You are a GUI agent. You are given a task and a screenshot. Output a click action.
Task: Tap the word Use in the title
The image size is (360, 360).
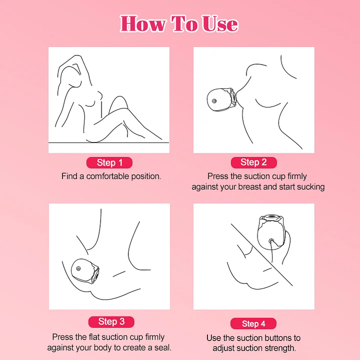pyautogui.click(x=220, y=23)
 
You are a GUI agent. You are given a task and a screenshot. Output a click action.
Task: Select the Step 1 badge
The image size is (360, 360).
pyautogui.click(x=109, y=162)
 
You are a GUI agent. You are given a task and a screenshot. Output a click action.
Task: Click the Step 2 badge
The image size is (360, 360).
pyautogui.click(x=253, y=162)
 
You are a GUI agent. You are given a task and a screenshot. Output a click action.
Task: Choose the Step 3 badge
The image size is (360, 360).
pyautogui.click(x=111, y=321)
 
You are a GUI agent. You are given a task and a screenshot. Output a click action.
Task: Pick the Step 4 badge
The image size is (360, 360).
pyautogui.click(x=253, y=323)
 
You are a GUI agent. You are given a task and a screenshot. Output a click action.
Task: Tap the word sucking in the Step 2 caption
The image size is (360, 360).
pyautogui.click(x=311, y=187)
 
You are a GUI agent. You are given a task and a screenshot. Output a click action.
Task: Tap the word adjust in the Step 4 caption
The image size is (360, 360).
pyautogui.click(x=224, y=348)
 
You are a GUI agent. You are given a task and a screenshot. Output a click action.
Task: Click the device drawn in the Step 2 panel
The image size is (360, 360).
pyautogui.click(x=222, y=100)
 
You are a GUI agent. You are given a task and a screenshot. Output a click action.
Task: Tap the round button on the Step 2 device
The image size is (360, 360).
pyautogui.click(x=214, y=101)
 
